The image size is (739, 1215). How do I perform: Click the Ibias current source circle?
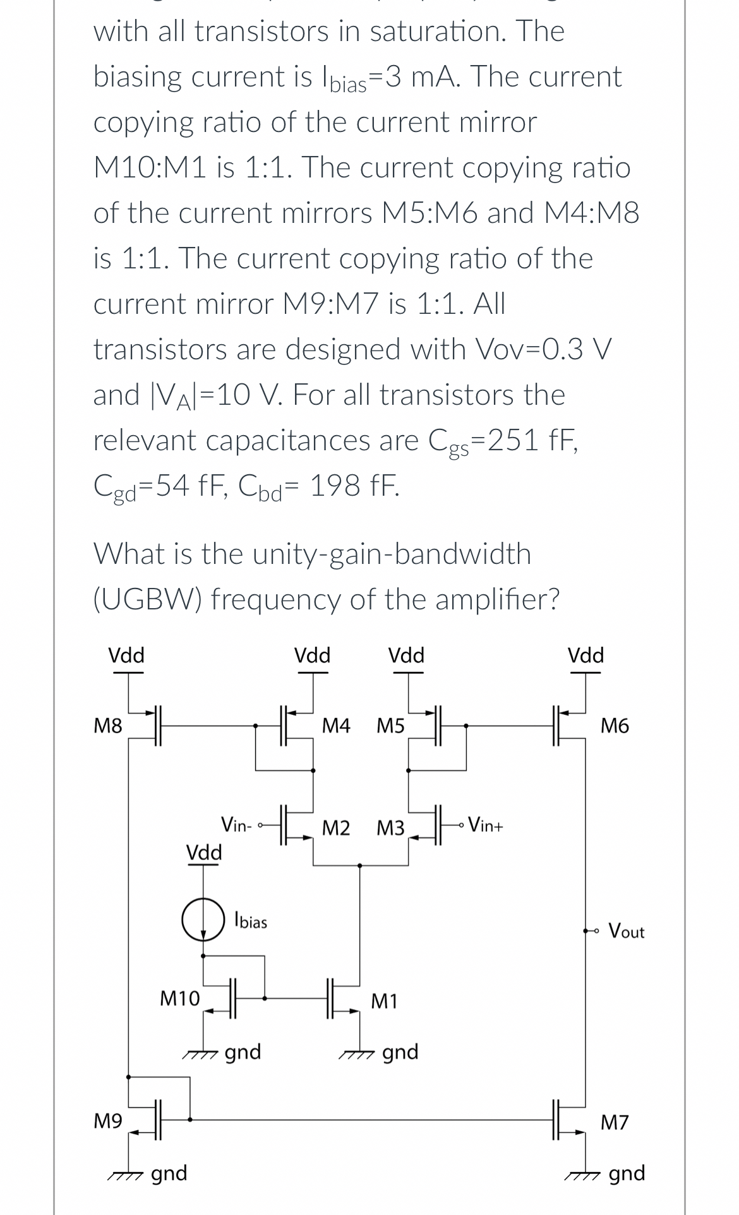[203, 921]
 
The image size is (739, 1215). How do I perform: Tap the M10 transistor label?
[179, 998]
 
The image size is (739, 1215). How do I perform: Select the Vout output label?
[626, 931]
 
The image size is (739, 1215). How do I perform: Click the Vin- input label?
[237, 824]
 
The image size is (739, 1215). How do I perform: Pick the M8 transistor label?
[107, 726]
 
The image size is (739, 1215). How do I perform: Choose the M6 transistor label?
[615, 726]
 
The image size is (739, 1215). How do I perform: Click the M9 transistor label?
[107, 1122]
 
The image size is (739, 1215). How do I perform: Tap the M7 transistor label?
[615, 1122]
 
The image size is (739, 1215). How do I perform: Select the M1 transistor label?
[384, 1000]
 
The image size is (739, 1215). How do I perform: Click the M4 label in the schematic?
[335, 726]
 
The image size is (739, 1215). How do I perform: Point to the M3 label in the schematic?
[390, 828]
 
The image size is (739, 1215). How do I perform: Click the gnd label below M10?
[243, 1052]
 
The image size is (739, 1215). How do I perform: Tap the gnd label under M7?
[627, 1173]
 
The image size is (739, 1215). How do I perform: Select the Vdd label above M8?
[126, 655]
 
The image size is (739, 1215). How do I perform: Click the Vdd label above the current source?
[203, 853]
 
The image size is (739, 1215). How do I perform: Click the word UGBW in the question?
[148, 599]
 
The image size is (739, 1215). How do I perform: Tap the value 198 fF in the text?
[355, 486]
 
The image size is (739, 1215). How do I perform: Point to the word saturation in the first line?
[435, 31]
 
